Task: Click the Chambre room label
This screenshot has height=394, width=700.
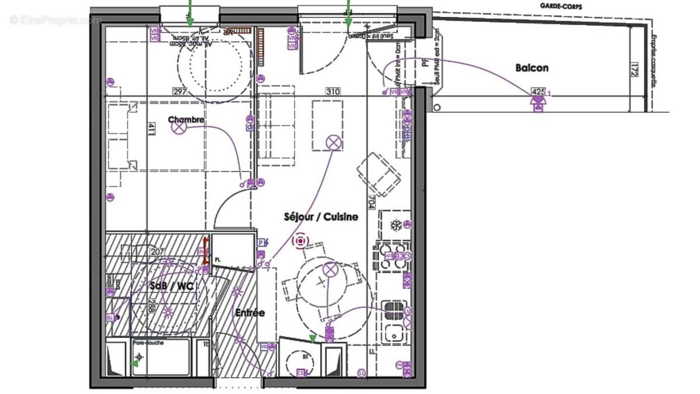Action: point(186,120)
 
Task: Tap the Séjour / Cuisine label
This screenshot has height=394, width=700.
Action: point(321,217)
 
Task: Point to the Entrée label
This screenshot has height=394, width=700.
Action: point(250,313)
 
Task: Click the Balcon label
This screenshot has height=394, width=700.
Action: point(531,68)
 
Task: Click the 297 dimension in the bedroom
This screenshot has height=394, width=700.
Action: point(179,92)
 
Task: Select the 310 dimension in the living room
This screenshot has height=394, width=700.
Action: point(333,92)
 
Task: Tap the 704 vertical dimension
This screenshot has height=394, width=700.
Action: point(371,202)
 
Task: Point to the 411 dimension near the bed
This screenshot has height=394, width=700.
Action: point(150,129)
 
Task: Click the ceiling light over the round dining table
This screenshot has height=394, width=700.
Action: point(330,269)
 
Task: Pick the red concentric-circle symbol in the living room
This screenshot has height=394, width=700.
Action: point(301,240)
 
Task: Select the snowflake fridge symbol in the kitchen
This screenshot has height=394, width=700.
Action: point(395,225)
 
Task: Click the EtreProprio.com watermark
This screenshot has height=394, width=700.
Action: point(55,20)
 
